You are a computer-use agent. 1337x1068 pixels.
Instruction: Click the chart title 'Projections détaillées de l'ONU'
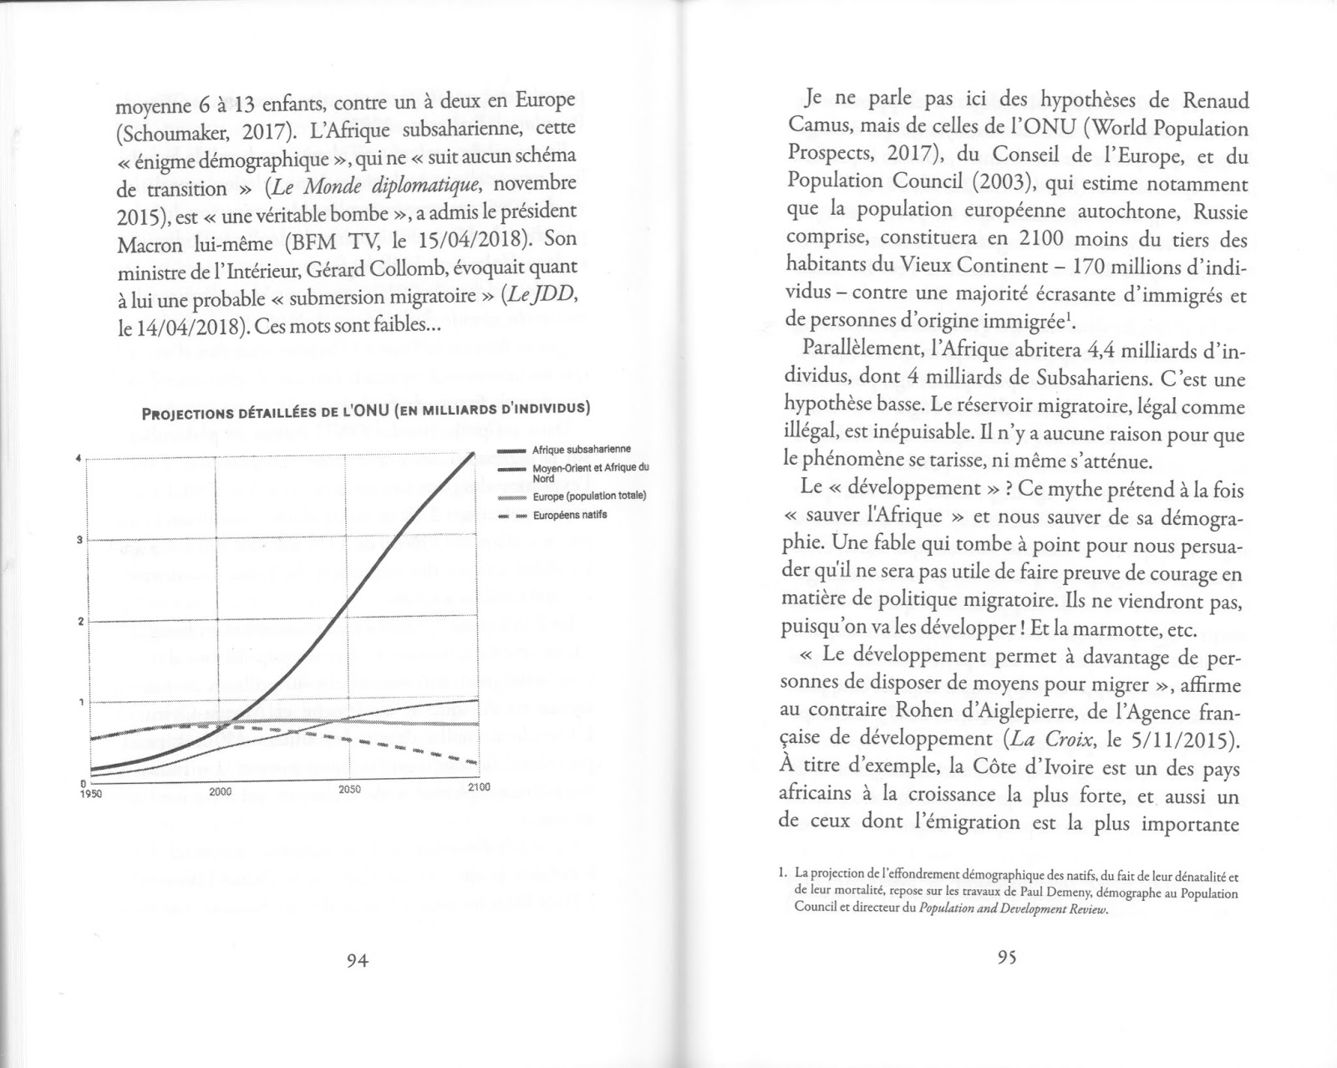click(366, 410)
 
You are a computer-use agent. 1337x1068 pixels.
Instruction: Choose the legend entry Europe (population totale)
click(588, 496)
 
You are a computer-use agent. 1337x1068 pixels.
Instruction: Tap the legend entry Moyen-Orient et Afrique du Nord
click(589, 473)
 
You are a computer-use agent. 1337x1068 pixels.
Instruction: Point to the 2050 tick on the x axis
click(349, 789)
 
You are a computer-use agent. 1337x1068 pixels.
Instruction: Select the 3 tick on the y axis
click(79, 540)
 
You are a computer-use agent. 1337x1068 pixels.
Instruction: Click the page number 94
click(357, 959)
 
